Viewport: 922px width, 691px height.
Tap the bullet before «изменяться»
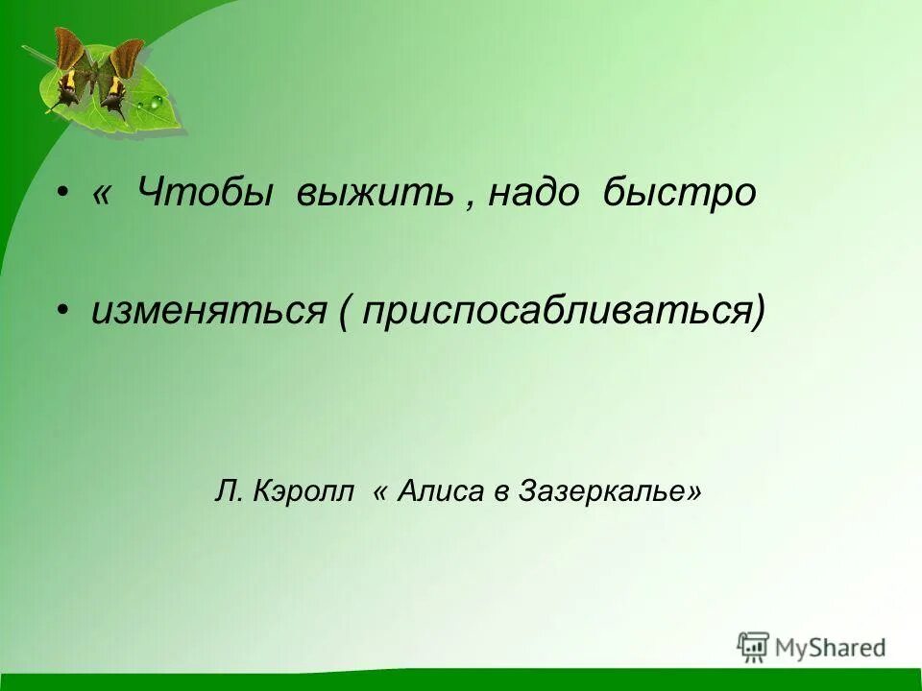point(62,311)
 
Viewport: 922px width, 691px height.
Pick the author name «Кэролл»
point(305,492)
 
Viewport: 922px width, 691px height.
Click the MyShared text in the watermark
point(830,648)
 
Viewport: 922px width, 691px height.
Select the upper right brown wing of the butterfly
point(128,58)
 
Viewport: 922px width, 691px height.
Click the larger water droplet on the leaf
point(156,101)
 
